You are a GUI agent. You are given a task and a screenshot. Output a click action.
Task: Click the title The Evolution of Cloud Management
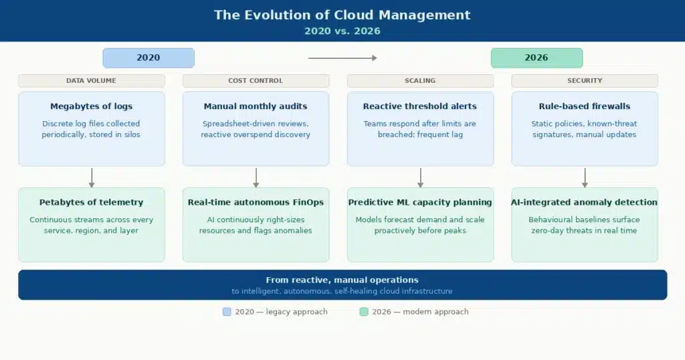click(342, 15)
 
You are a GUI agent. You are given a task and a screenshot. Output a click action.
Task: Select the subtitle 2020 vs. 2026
click(342, 31)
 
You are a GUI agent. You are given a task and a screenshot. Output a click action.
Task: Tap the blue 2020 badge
click(148, 58)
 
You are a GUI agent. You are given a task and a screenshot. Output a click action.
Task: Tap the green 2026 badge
click(536, 58)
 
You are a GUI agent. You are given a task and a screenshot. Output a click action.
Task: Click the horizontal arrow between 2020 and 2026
click(342, 58)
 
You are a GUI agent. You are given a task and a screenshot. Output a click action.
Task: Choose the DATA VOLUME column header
click(91, 80)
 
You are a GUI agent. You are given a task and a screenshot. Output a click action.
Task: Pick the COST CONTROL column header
click(256, 80)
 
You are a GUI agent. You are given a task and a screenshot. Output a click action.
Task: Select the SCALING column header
click(420, 80)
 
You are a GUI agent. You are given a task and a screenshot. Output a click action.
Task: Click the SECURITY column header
click(585, 80)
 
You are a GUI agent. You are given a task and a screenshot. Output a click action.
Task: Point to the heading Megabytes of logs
click(91, 106)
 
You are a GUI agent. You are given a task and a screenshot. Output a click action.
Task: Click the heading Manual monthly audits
click(256, 106)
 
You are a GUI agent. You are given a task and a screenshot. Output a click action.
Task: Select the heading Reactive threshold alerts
click(420, 106)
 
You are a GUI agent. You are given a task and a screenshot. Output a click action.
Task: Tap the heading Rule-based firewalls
click(585, 106)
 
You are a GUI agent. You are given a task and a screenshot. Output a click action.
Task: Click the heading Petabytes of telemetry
click(91, 202)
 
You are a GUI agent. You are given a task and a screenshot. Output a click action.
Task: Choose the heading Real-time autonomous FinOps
click(256, 202)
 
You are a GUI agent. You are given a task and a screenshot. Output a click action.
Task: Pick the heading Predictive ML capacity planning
click(420, 202)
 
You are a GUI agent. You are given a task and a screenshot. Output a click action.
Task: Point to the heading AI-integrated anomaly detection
click(585, 202)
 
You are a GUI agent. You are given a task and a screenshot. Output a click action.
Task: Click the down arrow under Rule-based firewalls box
click(585, 177)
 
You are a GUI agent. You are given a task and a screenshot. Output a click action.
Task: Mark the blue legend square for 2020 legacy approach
click(227, 312)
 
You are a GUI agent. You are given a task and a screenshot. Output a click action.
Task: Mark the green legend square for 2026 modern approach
click(364, 312)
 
